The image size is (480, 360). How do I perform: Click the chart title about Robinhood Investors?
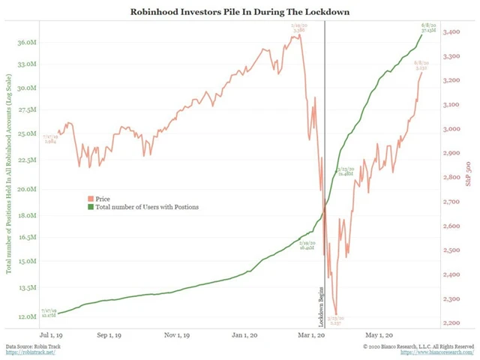click(x=239, y=13)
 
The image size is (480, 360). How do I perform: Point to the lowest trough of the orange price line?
click(x=336, y=313)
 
